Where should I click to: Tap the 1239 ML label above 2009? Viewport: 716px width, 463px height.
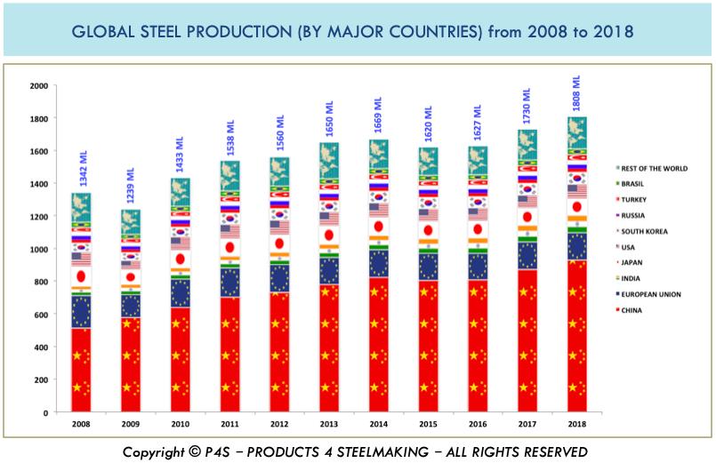pyautogui.click(x=131, y=186)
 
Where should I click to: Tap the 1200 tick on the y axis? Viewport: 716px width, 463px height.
pyautogui.click(x=38, y=217)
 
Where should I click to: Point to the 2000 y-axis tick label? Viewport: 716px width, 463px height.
pyautogui.click(x=38, y=86)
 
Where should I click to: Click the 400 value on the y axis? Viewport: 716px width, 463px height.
pyautogui.click(x=41, y=347)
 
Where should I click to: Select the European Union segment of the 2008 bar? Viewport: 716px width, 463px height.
pyautogui.click(x=81, y=311)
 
